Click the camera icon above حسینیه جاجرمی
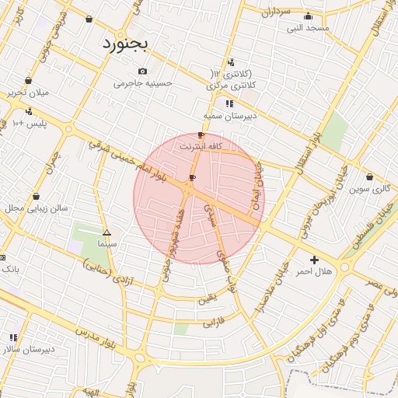click(x=141, y=72)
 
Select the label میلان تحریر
click(x=28, y=93)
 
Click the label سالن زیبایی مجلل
click(x=37, y=208)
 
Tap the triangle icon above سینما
click(x=106, y=232)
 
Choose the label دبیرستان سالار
click(x=28, y=349)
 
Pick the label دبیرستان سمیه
click(x=230, y=116)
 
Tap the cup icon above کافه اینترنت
click(x=201, y=135)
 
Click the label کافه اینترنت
click(x=201, y=146)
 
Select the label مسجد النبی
click(x=308, y=28)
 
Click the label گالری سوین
click(x=368, y=189)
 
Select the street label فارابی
click(x=213, y=320)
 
